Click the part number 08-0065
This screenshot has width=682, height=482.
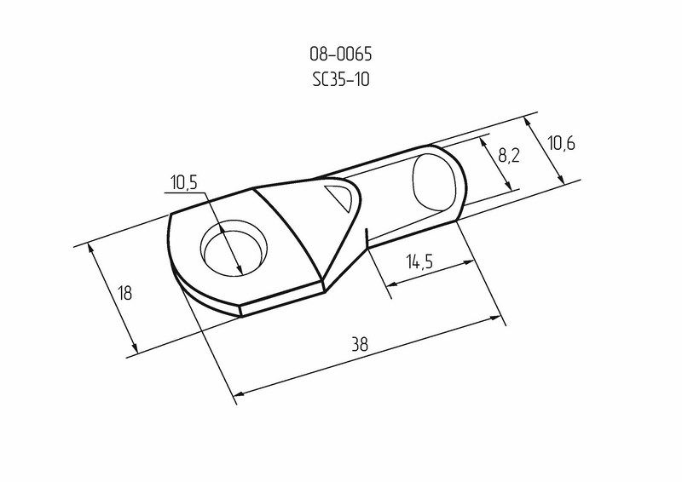pos(340,54)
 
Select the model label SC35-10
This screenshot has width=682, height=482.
pos(341,79)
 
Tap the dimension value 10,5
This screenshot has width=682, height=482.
pos(183,182)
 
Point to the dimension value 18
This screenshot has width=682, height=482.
pos(124,293)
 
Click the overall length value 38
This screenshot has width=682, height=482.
pos(360,344)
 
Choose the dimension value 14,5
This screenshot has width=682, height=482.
pos(419,261)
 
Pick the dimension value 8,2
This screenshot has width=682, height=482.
pos(508,155)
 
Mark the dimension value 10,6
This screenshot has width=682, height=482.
pos(561,142)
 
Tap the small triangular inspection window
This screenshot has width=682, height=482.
pos(340,197)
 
